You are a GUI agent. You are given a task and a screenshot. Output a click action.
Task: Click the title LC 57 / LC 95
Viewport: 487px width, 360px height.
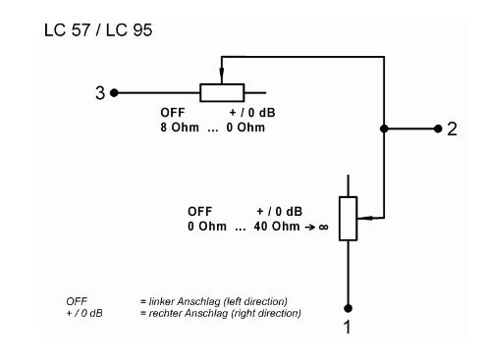[98, 30]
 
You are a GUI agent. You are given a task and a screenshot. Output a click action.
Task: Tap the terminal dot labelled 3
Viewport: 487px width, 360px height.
[114, 93]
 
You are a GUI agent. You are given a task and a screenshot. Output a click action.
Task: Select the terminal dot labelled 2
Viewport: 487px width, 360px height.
[438, 129]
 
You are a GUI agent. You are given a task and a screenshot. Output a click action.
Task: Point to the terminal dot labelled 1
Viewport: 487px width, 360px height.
[348, 308]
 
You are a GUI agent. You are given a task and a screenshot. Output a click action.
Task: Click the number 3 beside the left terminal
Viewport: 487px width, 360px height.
[100, 93]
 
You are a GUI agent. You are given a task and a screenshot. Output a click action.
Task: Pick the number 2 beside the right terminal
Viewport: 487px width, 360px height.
[452, 129]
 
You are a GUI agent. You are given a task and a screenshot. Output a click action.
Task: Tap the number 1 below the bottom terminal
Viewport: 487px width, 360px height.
[348, 327]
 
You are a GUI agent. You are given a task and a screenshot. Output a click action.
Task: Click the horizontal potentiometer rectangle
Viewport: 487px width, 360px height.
[222, 93]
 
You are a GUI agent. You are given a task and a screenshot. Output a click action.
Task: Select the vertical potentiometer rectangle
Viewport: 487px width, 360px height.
[348, 219]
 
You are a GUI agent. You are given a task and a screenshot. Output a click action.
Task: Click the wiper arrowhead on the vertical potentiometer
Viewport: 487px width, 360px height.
[364, 218]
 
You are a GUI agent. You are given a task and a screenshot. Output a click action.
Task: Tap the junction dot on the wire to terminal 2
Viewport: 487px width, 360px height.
[384, 129]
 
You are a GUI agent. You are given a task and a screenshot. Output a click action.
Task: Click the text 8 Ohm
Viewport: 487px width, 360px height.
[180, 128]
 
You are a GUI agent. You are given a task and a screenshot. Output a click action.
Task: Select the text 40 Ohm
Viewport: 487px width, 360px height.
[277, 227]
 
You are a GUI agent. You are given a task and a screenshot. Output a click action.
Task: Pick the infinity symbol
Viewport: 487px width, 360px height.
[323, 227]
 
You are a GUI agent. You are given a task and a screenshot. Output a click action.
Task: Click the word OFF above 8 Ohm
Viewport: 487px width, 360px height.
[173, 113]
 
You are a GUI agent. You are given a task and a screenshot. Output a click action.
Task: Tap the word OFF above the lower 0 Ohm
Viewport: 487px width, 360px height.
[199, 212]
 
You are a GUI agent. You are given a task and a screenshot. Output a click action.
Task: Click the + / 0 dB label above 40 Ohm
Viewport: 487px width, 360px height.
[279, 212]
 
